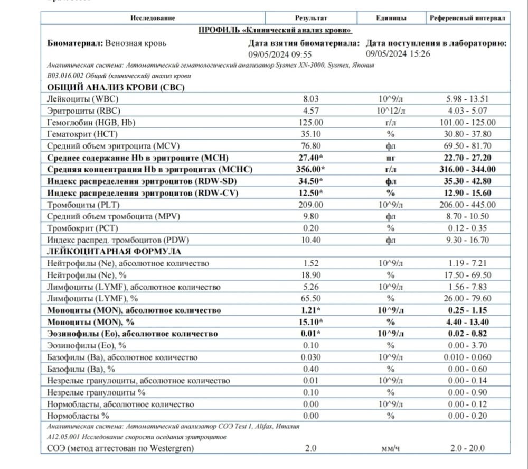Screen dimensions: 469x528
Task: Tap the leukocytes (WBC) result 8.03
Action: tap(311, 99)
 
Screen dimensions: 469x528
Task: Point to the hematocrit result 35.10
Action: tap(311, 134)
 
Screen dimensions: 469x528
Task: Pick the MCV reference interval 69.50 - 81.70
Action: tap(468, 146)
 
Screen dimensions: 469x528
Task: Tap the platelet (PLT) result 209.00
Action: tap(311, 205)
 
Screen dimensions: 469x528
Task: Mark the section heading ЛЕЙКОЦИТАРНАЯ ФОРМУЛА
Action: tap(114, 252)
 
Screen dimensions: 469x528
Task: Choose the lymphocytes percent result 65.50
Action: tap(311, 299)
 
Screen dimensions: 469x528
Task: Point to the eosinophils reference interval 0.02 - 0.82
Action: tap(468, 334)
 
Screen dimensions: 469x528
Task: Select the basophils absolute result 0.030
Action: tap(311, 357)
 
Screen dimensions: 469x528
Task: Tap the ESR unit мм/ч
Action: tap(391, 449)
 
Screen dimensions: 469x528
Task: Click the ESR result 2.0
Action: tap(311, 449)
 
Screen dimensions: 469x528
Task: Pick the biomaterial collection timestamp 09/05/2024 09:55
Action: tap(280, 54)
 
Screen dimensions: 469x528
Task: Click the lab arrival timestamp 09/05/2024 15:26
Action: tap(398, 53)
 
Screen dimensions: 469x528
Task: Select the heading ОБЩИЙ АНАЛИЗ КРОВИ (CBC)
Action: tap(116, 88)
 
